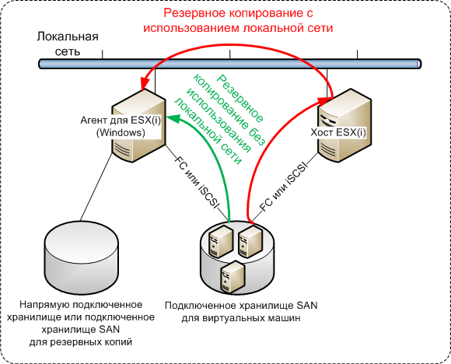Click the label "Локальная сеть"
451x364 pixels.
coord(68,44)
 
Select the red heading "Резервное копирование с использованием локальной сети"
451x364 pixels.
coord(238,20)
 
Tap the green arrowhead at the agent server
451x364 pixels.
coord(173,117)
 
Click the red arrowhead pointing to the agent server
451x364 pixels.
coord(142,83)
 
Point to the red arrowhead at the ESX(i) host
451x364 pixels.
coord(325,100)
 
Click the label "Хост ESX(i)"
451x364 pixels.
coord(338,132)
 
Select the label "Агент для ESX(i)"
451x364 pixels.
coord(121,120)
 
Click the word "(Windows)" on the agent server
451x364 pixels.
coord(121,132)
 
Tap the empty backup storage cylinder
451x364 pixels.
coord(82,257)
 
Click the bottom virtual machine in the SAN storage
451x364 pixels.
coord(232,277)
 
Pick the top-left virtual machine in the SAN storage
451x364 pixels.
coord(221,241)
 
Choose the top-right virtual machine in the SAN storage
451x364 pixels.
coord(250,241)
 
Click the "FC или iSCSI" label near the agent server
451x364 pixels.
coord(197,182)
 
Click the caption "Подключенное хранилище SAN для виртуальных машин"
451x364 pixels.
coord(241,312)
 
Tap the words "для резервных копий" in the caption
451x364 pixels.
coord(81,342)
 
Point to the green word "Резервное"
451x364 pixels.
coord(239,98)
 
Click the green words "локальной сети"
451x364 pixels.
coord(208,131)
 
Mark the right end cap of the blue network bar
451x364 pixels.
coord(419,64)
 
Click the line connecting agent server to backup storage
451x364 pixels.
coord(96,187)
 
